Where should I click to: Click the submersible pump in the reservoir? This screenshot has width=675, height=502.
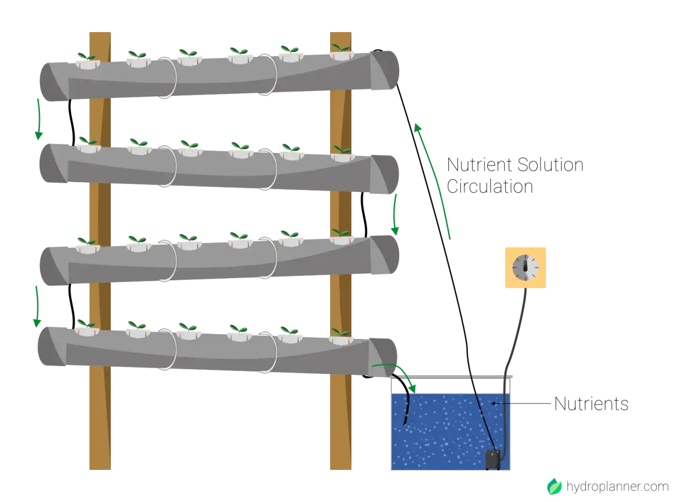coord(493,459)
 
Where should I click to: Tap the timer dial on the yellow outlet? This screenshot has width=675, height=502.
coord(525,268)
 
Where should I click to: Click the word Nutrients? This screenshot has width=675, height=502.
coord(591,404)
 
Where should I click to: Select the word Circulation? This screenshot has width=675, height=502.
coord(490,186)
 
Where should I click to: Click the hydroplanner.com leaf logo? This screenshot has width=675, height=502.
coord(554,486)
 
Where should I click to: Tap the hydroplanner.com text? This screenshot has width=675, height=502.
coord(617,487)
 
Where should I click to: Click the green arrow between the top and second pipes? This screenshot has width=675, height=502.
coord(38,119)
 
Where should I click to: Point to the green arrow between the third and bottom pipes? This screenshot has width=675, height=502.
coord(37,307)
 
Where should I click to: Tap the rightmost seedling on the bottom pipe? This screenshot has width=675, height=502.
coord(341,332)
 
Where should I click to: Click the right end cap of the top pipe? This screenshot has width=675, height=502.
coord(384,70)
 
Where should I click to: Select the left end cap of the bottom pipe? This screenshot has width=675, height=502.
coord(52,346)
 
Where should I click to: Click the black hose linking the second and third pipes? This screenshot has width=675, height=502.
coord(364,214)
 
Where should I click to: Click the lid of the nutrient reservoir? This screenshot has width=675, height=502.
coord(451,377)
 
